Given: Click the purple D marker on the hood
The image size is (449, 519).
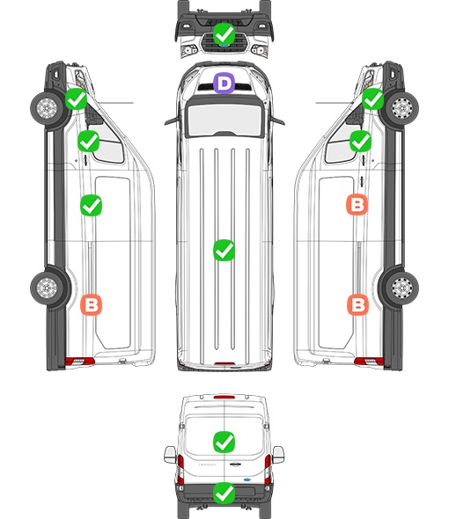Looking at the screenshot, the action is click(x=224, y=83).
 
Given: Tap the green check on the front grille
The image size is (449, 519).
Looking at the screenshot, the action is click(x=224, y=33).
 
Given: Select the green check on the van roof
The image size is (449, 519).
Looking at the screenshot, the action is click(x=224, y=250).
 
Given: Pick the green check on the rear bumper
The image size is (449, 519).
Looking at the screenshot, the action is click(x=224, y=493).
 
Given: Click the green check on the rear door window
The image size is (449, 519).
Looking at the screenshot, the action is click(x=224, y=442).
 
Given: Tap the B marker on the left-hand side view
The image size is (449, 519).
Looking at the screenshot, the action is click(x=92, y=304).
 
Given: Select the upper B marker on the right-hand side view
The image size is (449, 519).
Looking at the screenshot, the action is click(x=357, y=204).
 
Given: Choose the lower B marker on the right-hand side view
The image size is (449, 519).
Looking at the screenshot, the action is click(x=357, y=304).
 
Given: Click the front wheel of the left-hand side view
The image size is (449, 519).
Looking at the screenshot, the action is click(x=47, y=108).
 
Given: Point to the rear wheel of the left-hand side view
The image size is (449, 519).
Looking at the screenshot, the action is click(x=47, y=288).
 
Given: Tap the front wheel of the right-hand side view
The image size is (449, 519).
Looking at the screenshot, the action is click(x=402, y=108).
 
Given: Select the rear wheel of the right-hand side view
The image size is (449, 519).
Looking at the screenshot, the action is click(x=402, y=288).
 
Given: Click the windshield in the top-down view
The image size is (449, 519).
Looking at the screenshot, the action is click(x=224, y=119).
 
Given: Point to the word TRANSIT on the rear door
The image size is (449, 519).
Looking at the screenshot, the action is click(x=207, y=464).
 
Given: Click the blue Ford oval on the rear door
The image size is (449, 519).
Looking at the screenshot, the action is click(x=248, y=479).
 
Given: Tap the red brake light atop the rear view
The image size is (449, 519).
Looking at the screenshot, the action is click(x=224, y=397).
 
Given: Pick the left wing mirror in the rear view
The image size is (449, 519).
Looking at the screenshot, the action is click(x=170, y=455).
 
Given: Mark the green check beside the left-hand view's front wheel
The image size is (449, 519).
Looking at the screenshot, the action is click(x=76, y=99).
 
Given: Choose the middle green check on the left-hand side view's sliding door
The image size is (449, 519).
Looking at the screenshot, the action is click(x=92, y=206).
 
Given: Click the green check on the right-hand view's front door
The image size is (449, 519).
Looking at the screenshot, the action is click(x=361, y=142).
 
